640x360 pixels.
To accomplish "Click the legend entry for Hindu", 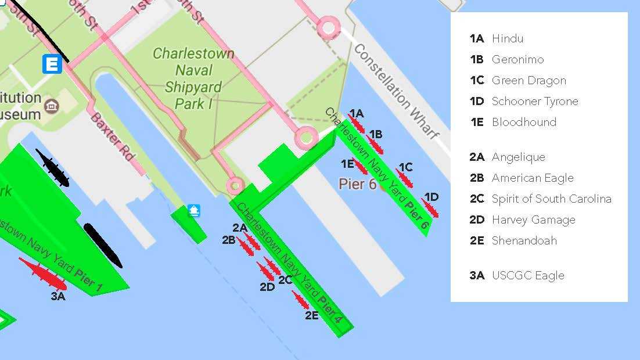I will tap(507, 39).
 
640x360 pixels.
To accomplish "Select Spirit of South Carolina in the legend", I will tap(551, 199).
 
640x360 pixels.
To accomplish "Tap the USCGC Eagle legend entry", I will tap(528, 275).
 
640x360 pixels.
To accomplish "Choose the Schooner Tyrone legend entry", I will tap(535, 101).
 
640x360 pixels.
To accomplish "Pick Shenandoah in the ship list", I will tap(524, 240).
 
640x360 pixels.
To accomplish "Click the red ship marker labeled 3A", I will tap(44, 274).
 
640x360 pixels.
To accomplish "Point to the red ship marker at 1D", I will tap(430, 208).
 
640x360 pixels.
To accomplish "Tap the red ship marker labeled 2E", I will tap(300, 300).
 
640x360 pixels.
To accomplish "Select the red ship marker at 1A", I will tap(356, 124).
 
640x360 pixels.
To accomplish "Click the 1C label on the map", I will tap(405, 167).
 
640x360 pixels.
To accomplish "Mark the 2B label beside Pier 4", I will tap(228, 239).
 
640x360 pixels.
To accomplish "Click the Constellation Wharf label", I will tap(396, 91).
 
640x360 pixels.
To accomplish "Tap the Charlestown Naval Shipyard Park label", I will tap(193, 79).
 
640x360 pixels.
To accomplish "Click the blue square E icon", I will tap(52, 64).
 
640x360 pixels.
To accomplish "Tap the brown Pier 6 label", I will tap(357, 184).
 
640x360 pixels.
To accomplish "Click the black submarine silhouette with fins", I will tap(52, 168).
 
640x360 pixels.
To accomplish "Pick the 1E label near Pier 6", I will tap(347, 164).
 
